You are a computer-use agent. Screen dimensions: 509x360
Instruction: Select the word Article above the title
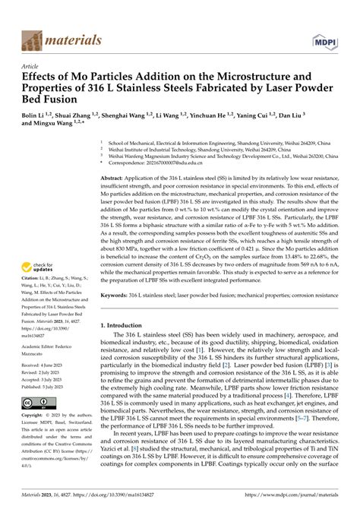point(31,66)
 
